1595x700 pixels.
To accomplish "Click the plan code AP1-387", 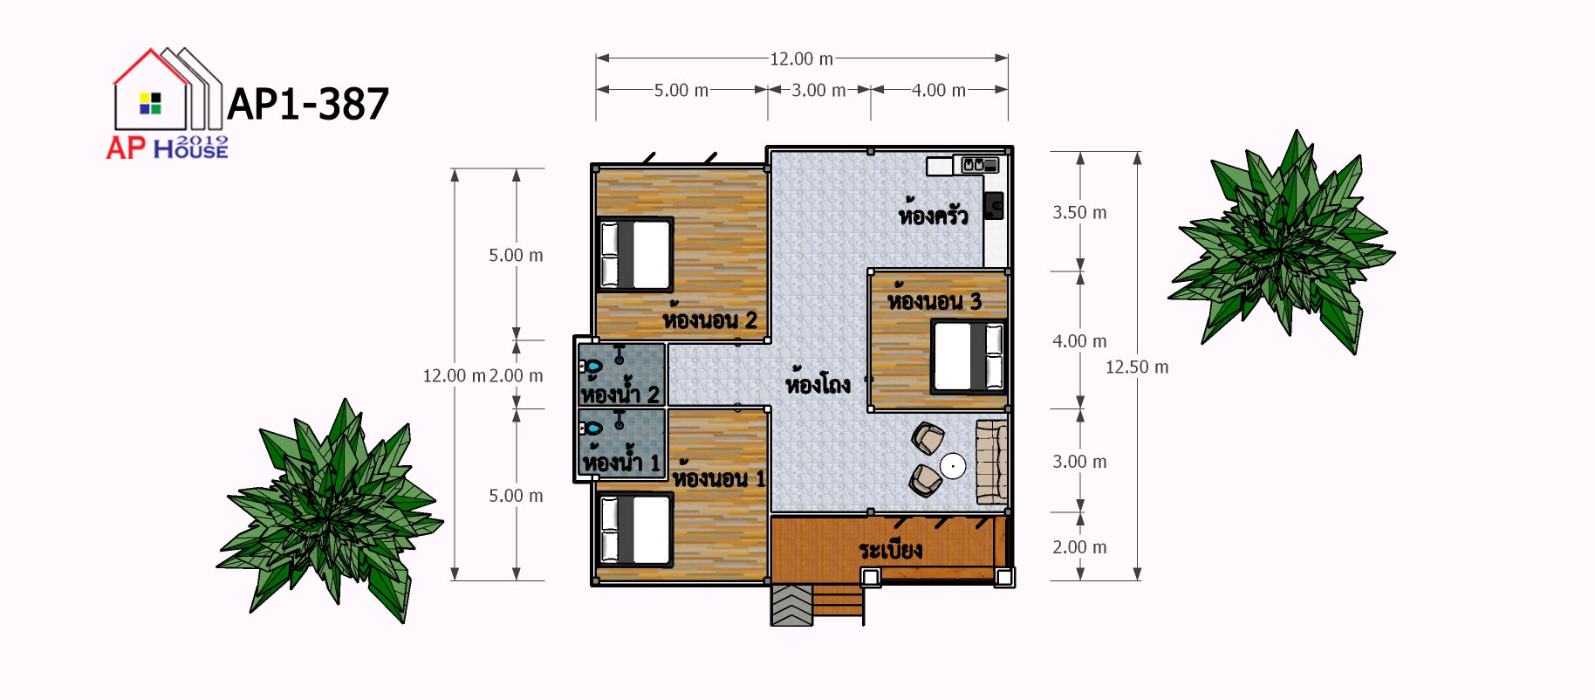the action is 308,104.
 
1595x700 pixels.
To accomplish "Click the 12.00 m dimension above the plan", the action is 801,58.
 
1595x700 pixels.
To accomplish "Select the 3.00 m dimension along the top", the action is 818,90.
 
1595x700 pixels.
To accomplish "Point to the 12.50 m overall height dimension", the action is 1137,367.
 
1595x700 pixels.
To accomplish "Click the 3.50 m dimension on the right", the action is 1079,213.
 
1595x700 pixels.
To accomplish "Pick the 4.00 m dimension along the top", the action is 939,90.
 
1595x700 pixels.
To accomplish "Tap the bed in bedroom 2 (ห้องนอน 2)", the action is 635,254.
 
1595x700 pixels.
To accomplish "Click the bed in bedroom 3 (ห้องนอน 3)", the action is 968,357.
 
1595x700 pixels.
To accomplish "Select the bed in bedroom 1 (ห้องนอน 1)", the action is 635,529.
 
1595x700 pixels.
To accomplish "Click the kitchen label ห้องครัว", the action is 933,213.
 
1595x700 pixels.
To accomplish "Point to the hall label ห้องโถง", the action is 818,382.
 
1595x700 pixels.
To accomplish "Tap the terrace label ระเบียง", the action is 890,549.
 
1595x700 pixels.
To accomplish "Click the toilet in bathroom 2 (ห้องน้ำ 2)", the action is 591,367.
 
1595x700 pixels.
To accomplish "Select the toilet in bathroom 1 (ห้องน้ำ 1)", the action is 591,428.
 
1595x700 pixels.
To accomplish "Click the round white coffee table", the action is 953,466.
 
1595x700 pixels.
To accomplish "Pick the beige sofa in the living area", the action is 991,463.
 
